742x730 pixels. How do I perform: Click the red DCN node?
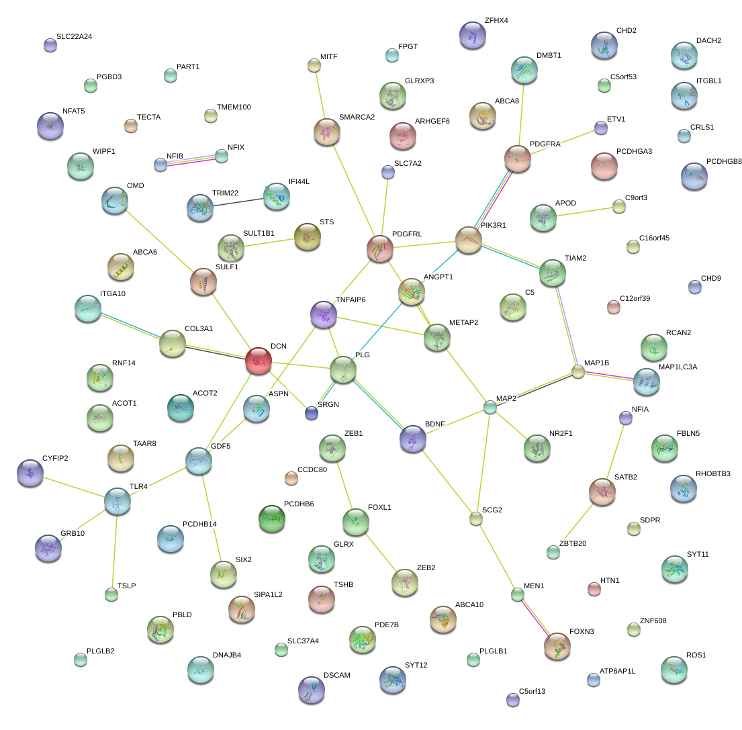pos(259,361)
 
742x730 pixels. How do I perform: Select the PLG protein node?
pos(343,370)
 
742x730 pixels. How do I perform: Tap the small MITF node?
pos(314,65)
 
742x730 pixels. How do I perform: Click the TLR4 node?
pos(118,501)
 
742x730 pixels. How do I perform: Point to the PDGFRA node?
pos(518,158)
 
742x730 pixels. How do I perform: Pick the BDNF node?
pos(413,439)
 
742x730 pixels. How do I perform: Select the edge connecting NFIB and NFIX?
pos(191,160)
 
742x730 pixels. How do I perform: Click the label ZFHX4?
pos(496,20)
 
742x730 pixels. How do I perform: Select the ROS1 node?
pos(674,669)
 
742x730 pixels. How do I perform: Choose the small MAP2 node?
pos(491,407)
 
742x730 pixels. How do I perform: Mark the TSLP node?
pos(111,594)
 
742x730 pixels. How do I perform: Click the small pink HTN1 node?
pos(594,589)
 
